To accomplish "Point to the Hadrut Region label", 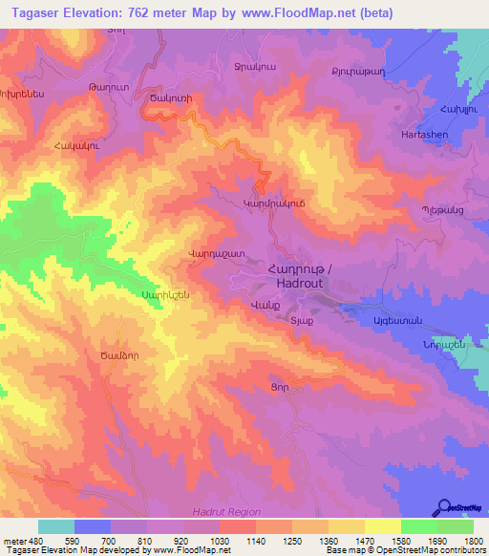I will click(225, 512).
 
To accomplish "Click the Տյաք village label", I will click(301, 321).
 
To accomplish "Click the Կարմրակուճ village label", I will click(274, 203).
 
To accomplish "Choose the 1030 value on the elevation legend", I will click(220, 540).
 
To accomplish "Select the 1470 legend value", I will click(364, 540).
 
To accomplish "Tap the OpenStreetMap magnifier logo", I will click(444, 507).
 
